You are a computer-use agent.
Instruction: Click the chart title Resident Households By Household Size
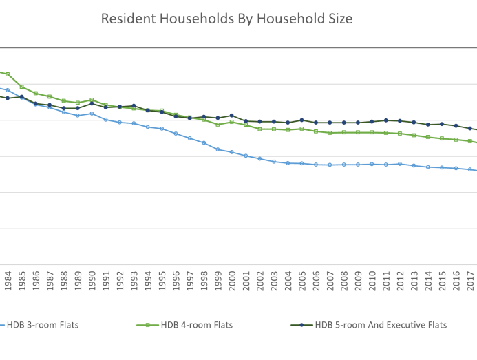(226, 19)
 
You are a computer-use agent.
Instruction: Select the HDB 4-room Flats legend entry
(200, 325)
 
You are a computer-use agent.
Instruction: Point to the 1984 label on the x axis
(8, 282)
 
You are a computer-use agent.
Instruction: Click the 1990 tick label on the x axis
(92, 282)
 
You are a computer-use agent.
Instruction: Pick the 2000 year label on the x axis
(232, 282)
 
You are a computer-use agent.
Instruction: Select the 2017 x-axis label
(470, 282)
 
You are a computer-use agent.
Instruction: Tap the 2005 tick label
(302, 282)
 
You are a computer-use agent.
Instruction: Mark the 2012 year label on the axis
(400, 282)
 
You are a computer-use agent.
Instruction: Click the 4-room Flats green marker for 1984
(8, 74)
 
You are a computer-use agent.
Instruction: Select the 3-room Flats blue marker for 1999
(218, 149)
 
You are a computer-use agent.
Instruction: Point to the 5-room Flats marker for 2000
(232, 116)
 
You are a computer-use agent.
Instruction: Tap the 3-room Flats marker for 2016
(456, 168)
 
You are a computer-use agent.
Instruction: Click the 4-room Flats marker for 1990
(92, 100)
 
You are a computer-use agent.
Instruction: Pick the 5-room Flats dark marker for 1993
(134, 106)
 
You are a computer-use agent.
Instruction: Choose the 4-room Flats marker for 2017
(470, 141)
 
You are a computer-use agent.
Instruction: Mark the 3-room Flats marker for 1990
(92, 114)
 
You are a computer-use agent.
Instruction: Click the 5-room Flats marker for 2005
(302, 120)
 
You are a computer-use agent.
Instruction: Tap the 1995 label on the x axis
(162, 282)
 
